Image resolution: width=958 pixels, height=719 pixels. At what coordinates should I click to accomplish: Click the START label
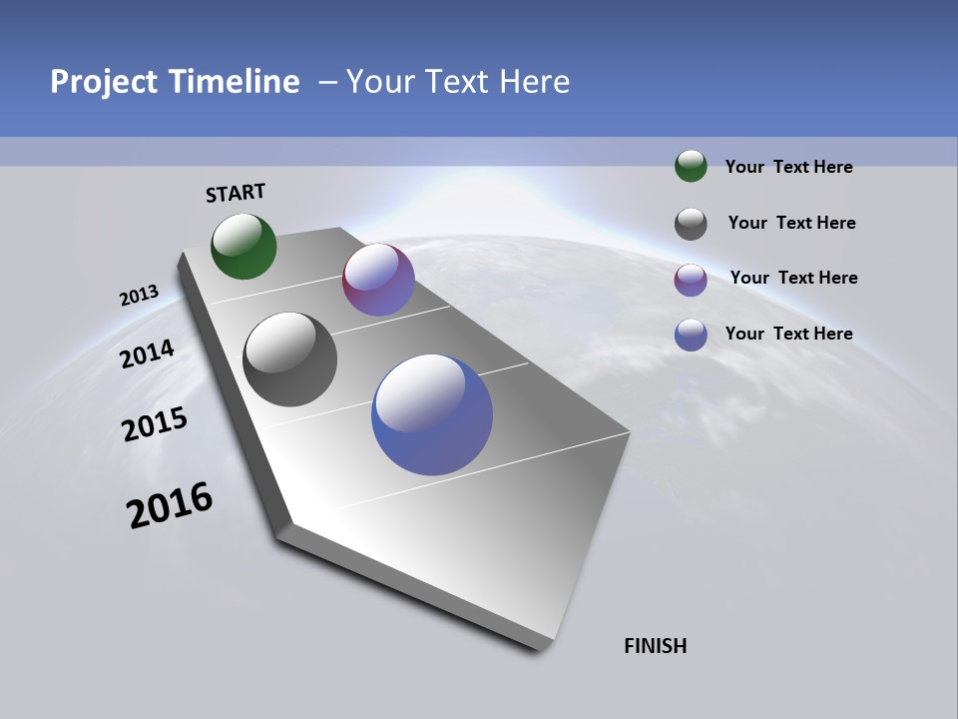pyautogui.click(x=236, y=193)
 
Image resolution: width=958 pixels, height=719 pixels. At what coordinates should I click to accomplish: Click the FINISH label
pyautogui.click(x=656, y=646)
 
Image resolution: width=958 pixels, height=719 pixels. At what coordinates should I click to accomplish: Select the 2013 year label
pyautogui.click(x=139, y=296)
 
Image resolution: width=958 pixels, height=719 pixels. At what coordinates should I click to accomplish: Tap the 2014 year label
pyautogui.click(x=148, y=355)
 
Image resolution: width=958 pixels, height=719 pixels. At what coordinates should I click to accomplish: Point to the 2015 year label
pyautogui.click(x=155, y=425)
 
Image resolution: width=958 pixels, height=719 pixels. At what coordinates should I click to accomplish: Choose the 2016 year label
pyautogui.click(x=170, y=505)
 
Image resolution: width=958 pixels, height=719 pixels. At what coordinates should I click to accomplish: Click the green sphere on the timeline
pyautogui.click(x=243, y=246)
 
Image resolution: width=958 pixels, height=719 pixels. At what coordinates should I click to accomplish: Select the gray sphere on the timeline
pyautogui.click(x=289, y=359)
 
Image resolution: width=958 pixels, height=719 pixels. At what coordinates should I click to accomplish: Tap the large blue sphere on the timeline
pyautogui.click(x=432, y=414)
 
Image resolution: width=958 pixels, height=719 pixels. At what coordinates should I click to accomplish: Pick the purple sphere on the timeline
pyautogui.click(x=378, y=280)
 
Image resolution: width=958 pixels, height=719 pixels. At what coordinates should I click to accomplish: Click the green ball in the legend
pyautogui.click(x=691, y=166)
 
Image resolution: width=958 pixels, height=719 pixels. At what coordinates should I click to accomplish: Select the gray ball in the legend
pyautogui.click(x=691, y=224)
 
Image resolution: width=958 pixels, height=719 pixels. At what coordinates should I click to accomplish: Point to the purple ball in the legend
pyautogui.click(x=691, y=280)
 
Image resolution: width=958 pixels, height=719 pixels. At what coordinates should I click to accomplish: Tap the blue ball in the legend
pyautogui.click(x=691, y=335)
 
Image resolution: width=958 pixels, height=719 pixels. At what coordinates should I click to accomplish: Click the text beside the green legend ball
pyautogui.click(x=788, y=167)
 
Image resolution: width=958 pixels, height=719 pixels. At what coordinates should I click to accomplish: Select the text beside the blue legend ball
pyautogui.click(x=788, y=334)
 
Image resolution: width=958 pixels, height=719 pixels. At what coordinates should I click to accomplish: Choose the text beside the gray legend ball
pyautogui.click(x=791, y=223)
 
